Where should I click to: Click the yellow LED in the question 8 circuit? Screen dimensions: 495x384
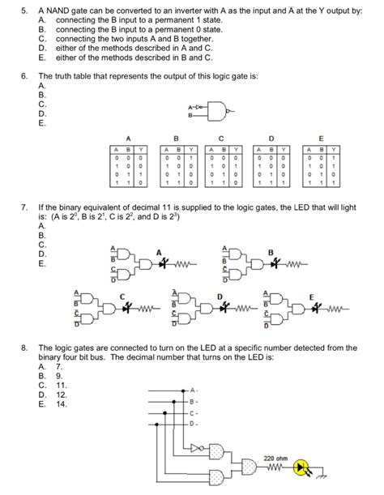pos(305,468)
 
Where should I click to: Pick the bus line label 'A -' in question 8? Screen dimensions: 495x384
pos(193,390)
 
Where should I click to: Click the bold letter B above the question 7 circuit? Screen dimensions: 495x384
pos(270,252)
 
